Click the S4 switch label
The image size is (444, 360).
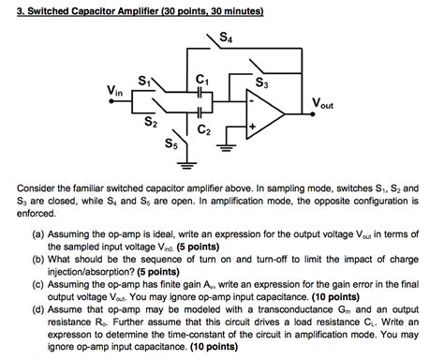(x=225, y=37)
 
